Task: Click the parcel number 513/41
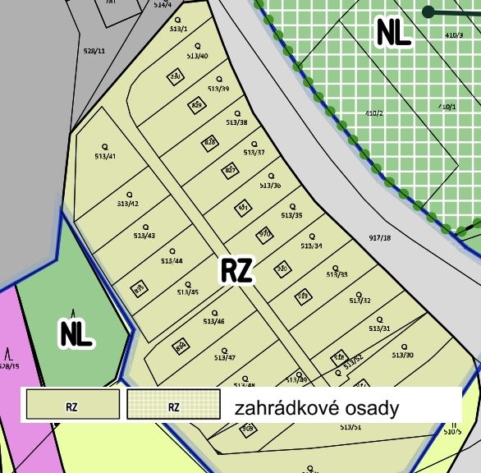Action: click(105, 156)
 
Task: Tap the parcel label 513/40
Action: click(197, 56)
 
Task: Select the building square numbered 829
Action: click(197, 105)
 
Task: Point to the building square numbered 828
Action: click(210, 142)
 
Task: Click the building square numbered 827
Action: click(231, 170)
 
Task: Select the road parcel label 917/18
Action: click(380, 238)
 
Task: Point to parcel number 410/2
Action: click(373, 113)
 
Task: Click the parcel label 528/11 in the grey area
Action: click(95, 50)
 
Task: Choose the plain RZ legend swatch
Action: click(73, 406)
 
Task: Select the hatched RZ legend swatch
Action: click(174, 406)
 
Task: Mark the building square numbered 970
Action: click(264, 234)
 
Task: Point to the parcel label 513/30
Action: click(403, 355)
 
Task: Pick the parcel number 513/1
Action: click(178, 29)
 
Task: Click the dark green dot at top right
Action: click(428, 11)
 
